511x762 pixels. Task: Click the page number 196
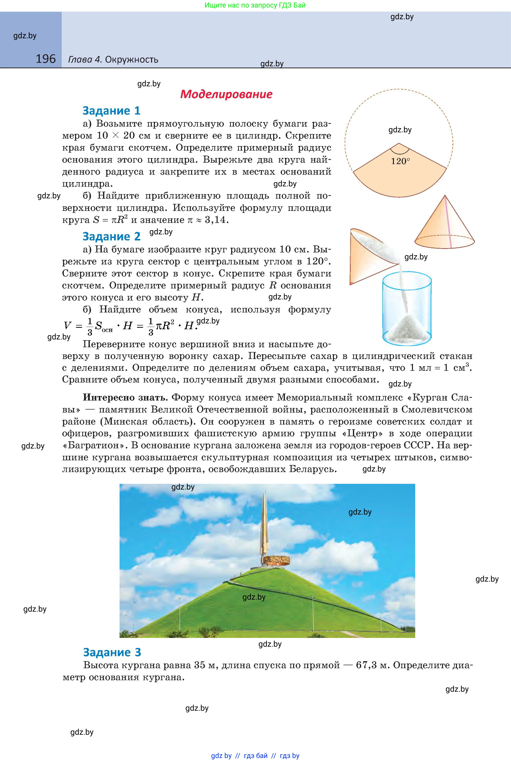click(46, 59)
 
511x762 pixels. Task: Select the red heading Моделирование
click(226, 94)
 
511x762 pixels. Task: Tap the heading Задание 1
click(112, 111)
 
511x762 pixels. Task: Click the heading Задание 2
click(112, 236)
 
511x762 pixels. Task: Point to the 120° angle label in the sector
click(400, 161)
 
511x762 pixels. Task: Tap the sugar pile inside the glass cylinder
click(407, 327)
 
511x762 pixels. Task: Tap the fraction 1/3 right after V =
click(90, 326)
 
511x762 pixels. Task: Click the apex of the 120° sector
click(399, 143)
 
